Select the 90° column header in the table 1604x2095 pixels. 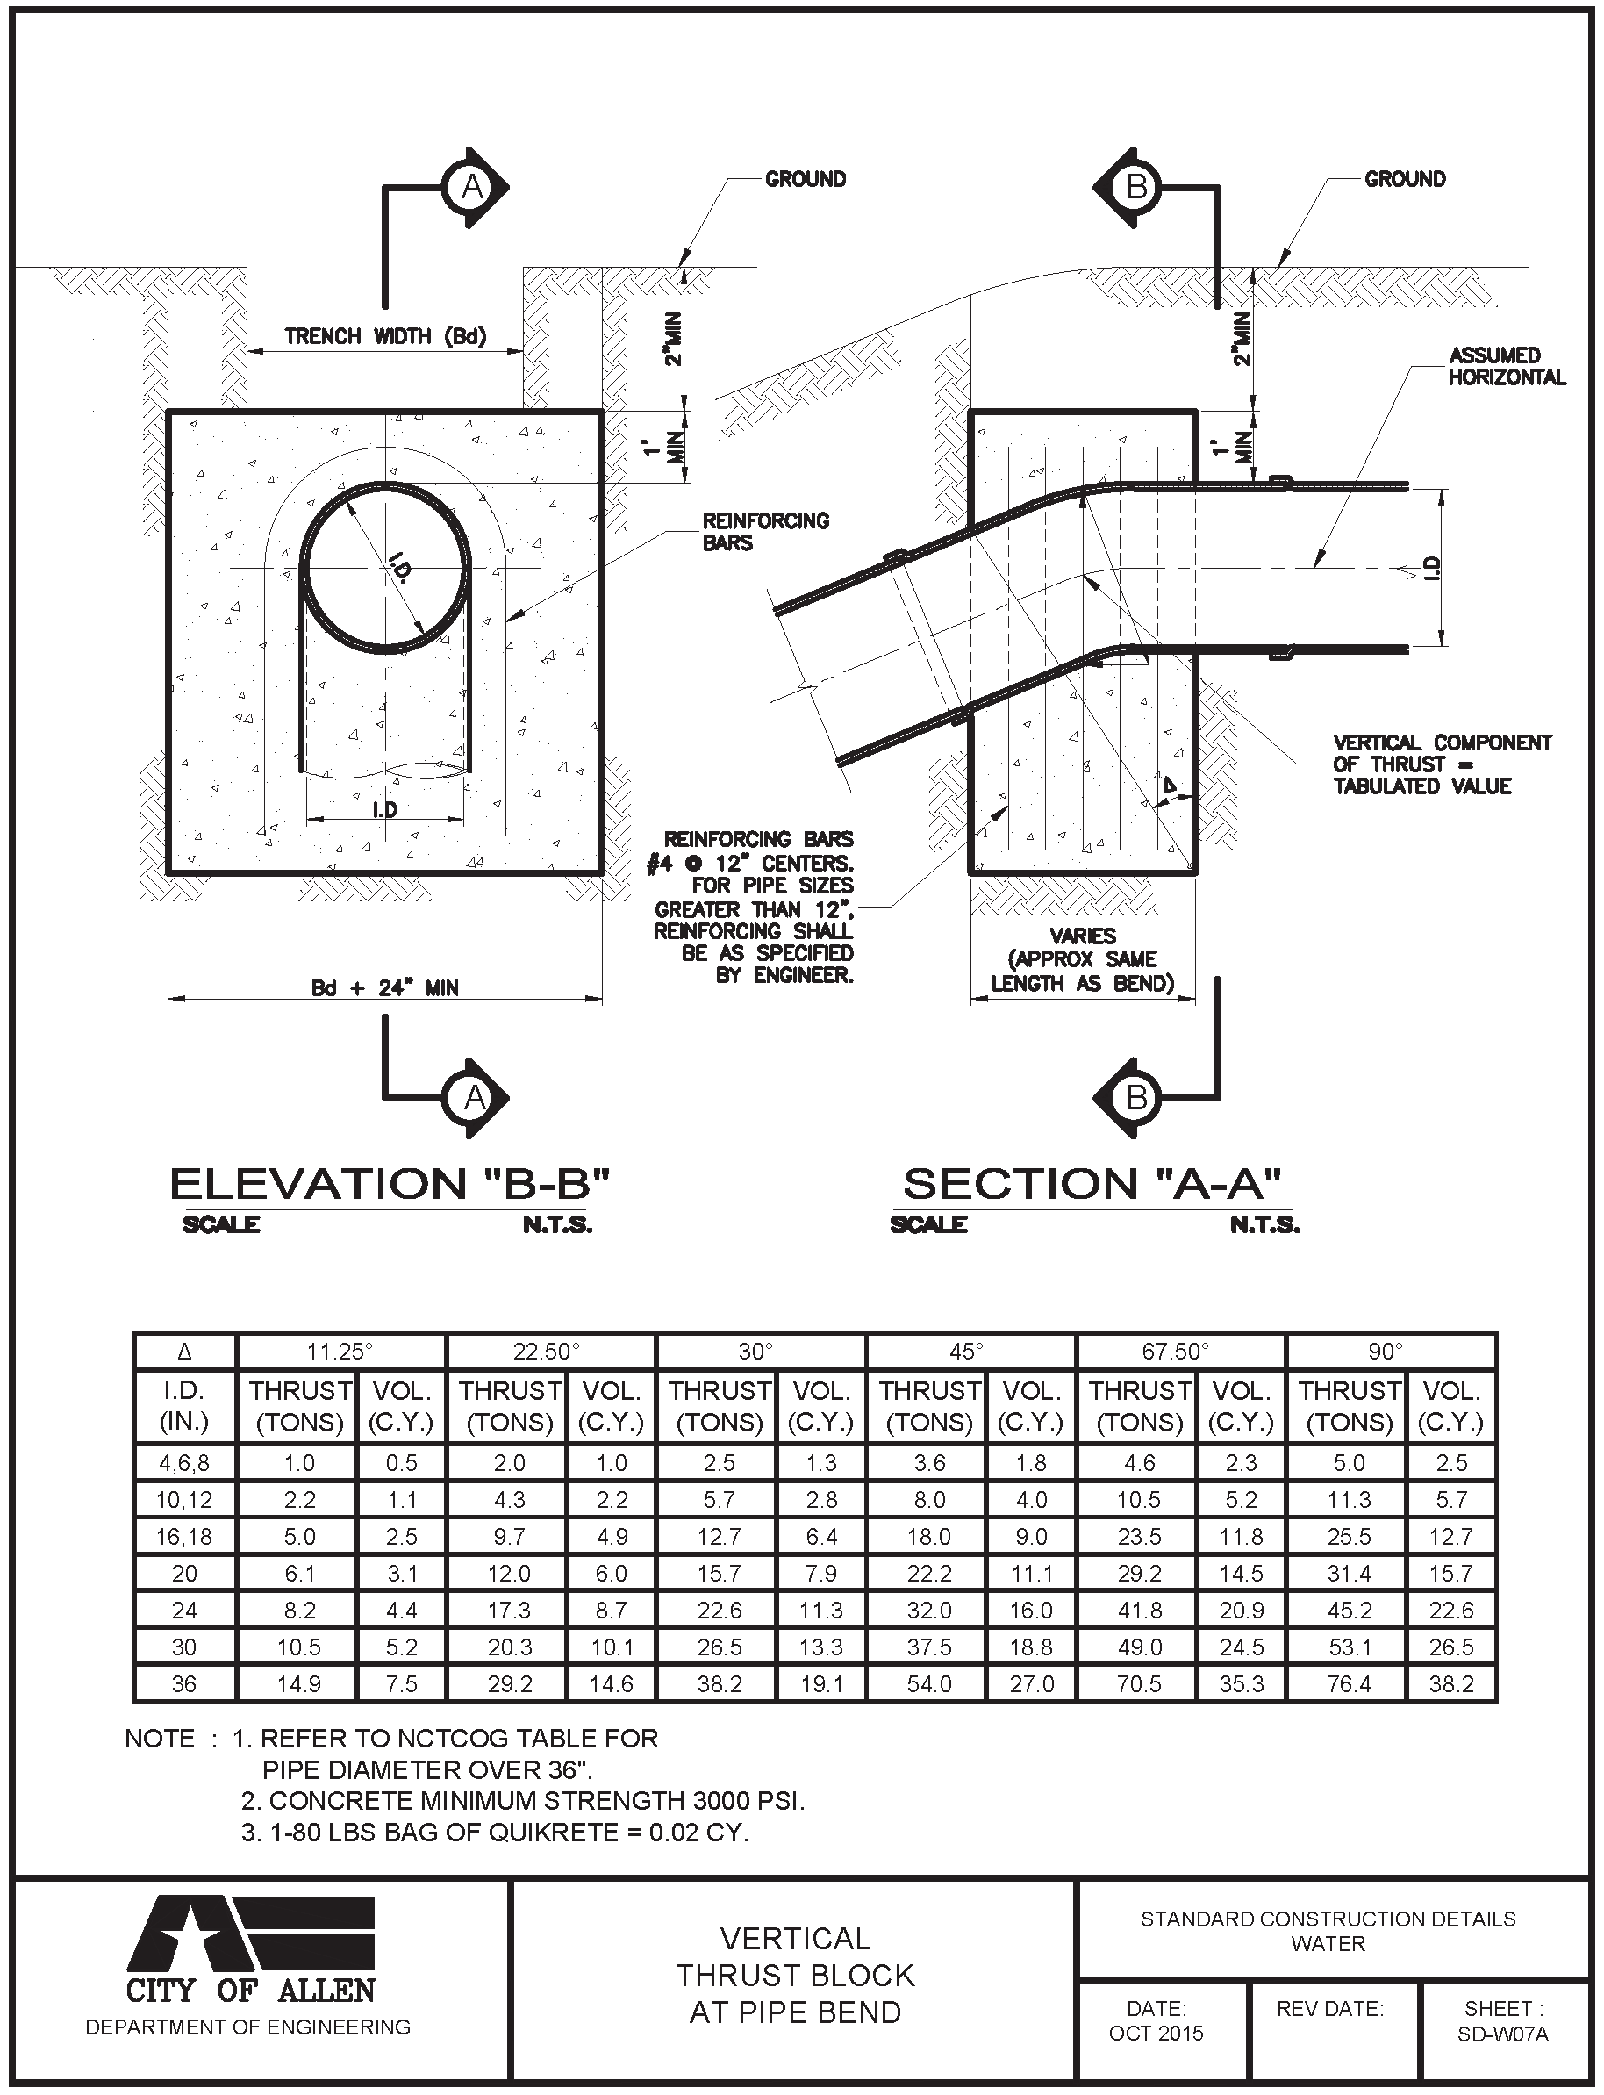[1386, 1351]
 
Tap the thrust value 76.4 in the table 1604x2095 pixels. [1348, 1683]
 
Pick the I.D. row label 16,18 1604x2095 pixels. [184, 1537]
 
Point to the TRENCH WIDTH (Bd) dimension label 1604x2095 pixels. [385, 336]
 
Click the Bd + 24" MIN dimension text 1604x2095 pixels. [385, 987]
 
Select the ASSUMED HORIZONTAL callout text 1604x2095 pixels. [1507, 367]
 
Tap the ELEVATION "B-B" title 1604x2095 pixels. [389, 1184]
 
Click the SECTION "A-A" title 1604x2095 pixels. [1092, 1184]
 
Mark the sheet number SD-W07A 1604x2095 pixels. [1503, 2034]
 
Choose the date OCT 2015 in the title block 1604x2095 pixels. [1156, 2033]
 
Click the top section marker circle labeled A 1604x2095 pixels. [473, 187]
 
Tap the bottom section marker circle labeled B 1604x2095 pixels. [1136, 1097]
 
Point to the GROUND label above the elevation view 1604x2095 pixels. [805, 178]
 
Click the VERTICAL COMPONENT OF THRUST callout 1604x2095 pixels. [1442, 764]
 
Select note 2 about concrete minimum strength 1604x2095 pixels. [523, 1801]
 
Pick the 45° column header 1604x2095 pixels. [966, 1351]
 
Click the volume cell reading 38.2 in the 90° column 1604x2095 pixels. [1451, 1683]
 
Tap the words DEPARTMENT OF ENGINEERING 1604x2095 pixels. [248, 2027]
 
